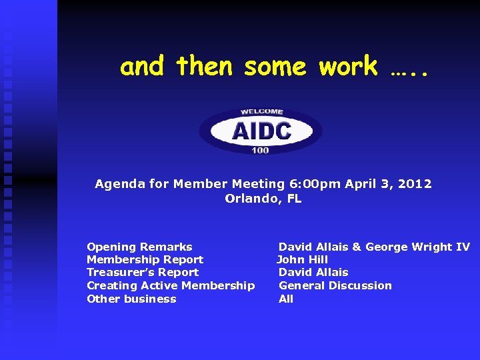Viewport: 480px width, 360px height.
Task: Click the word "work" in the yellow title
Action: pyautogui.click(x=348, y=67)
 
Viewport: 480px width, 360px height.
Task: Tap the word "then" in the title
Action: pyautogui.click(x=205, y=67)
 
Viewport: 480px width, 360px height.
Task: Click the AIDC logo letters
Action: pyautogui.click(x=261, y=130)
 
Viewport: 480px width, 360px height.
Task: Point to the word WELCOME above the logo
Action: pyautogui.click(x=261, y=111)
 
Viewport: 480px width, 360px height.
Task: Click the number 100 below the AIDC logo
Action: pyautogui.click(x=261, y=151)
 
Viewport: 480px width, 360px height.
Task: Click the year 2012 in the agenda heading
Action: pyautogui.click(x=416, y=184)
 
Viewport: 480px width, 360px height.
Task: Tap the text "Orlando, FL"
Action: pyautogui.click(x=263, y=198)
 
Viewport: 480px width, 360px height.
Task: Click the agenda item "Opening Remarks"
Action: pyautogui.click(x=139, y=247)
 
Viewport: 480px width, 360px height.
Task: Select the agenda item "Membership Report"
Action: pyautogui.click(x=145, y=259)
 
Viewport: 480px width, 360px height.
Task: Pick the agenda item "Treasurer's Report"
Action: pyautogui.click(x=143, y=272)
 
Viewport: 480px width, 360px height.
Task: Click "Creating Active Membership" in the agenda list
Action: pyautogui.click(x=171, y=285)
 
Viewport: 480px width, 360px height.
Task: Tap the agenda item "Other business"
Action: pyautogui.click(x=131, y=299)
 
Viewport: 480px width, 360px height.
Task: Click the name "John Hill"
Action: pyautogui.click(x=303, y=259)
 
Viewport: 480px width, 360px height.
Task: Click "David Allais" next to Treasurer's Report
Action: pyautogui.click(x=313, y=272)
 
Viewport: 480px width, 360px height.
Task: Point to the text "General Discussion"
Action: pyautogui.click(x=335, y=285)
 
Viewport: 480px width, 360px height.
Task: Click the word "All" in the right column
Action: pyautogui.click(x=285, y=299)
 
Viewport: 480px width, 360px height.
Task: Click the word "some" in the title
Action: pyautogui.click(x=275, y=67)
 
